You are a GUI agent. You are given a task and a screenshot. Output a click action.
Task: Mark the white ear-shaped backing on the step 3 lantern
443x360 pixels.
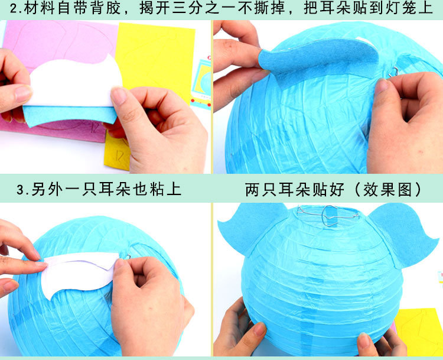(83, 269)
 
